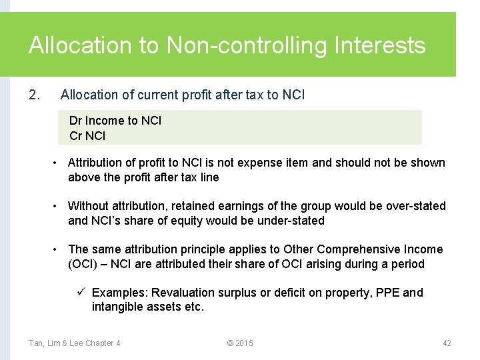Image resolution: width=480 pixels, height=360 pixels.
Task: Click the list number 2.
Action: coord(35,95)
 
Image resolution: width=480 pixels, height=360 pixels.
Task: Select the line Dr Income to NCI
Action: coord(115,121)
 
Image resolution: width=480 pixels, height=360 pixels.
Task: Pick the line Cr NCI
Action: coord(87,136)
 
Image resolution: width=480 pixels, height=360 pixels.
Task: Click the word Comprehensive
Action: coord(359,249)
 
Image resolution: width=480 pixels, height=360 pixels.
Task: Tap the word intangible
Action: coord(117,307)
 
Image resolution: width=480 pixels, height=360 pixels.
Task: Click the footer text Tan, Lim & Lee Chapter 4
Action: coord(75,343)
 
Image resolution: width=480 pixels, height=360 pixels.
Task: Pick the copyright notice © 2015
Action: coord(240,343)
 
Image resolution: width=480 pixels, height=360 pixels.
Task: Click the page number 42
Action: coord(447,343)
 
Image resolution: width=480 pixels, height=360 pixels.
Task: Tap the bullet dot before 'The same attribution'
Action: coord(57,249)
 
